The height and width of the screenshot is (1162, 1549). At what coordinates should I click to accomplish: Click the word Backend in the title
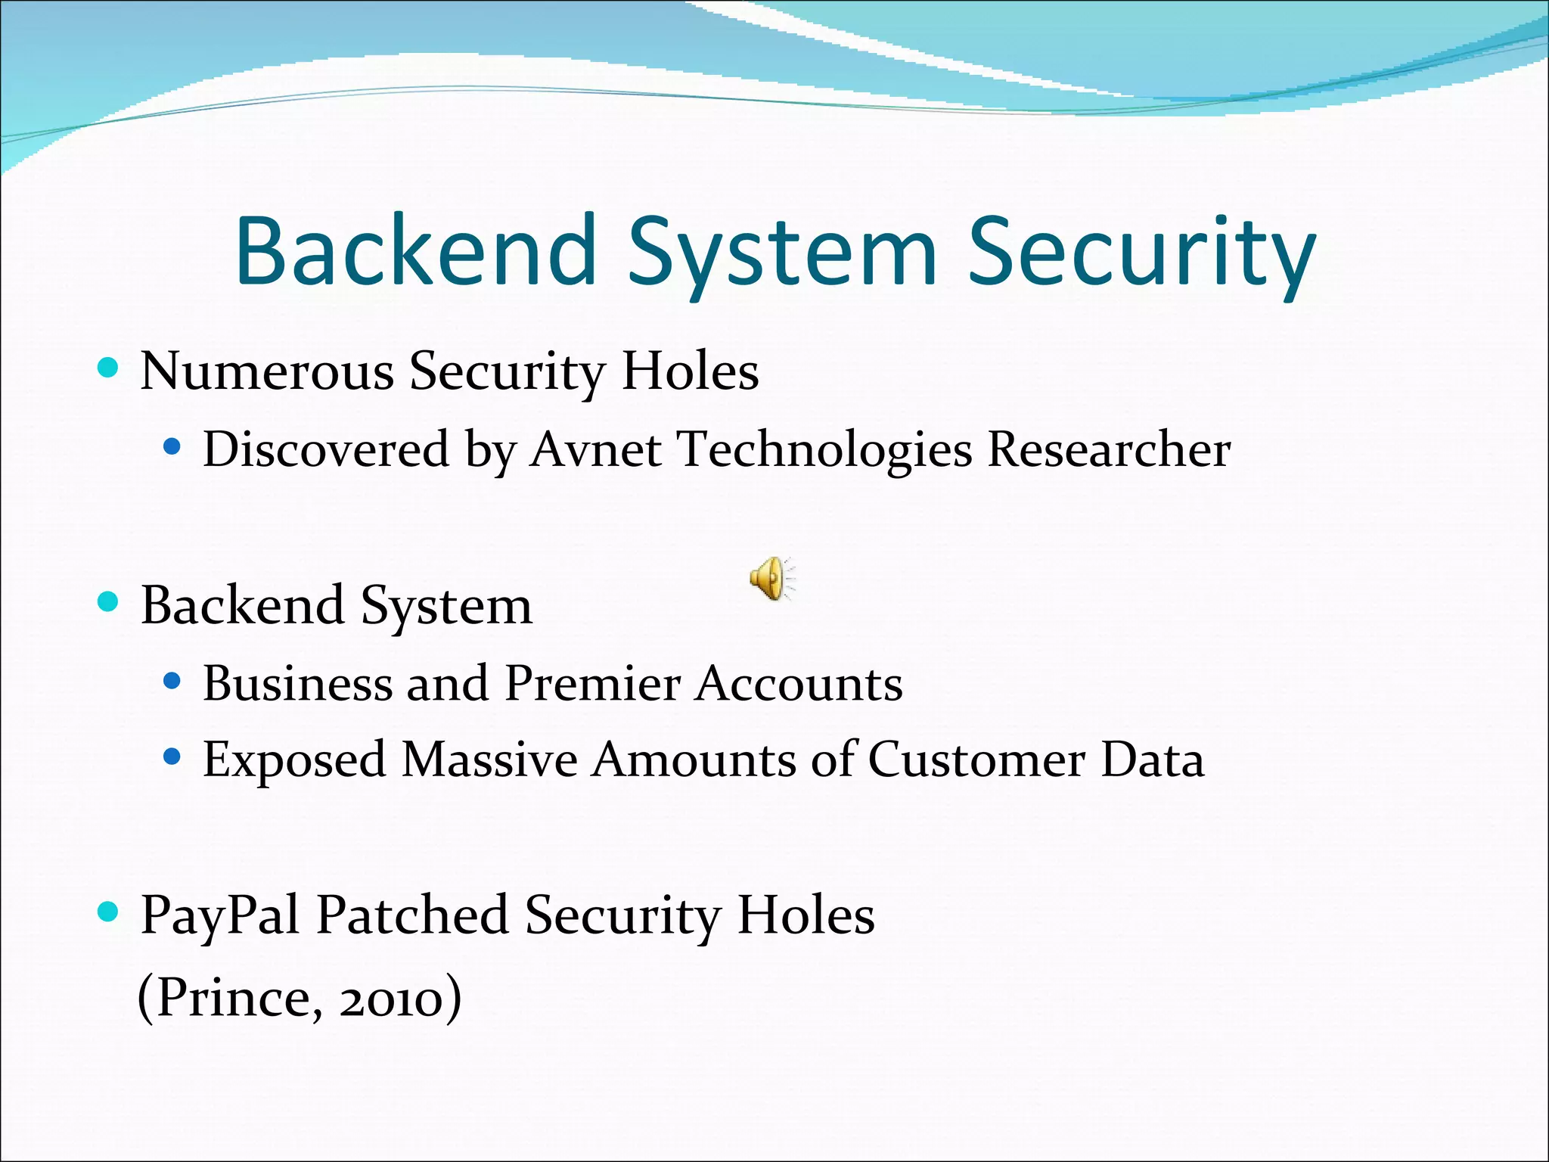(417, 250)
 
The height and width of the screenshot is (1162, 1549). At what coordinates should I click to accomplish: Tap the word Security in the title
(1141, 250)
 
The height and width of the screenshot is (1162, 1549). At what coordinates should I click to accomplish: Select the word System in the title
(782, 250)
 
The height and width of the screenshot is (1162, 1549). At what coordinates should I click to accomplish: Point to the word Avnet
(595, 449)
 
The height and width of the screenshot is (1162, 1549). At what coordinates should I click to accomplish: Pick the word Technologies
(824, 449)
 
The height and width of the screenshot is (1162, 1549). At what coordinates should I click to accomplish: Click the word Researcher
(1109, 449)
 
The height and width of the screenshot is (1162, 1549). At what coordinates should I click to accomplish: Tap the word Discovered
(326, 449)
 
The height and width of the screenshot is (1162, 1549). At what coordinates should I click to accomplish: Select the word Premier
(592, 683)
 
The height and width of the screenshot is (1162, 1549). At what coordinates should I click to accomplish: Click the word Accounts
(799, 683)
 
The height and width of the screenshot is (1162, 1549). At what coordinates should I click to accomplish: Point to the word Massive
(489, 760)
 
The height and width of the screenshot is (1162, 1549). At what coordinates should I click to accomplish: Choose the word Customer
(976, 760)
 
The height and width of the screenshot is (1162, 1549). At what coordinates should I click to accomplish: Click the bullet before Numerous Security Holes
(109, 369)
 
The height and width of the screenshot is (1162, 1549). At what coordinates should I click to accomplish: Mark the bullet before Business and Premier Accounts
(172, 682)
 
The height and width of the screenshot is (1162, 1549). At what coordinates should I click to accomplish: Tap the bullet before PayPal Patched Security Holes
(109, 912)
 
